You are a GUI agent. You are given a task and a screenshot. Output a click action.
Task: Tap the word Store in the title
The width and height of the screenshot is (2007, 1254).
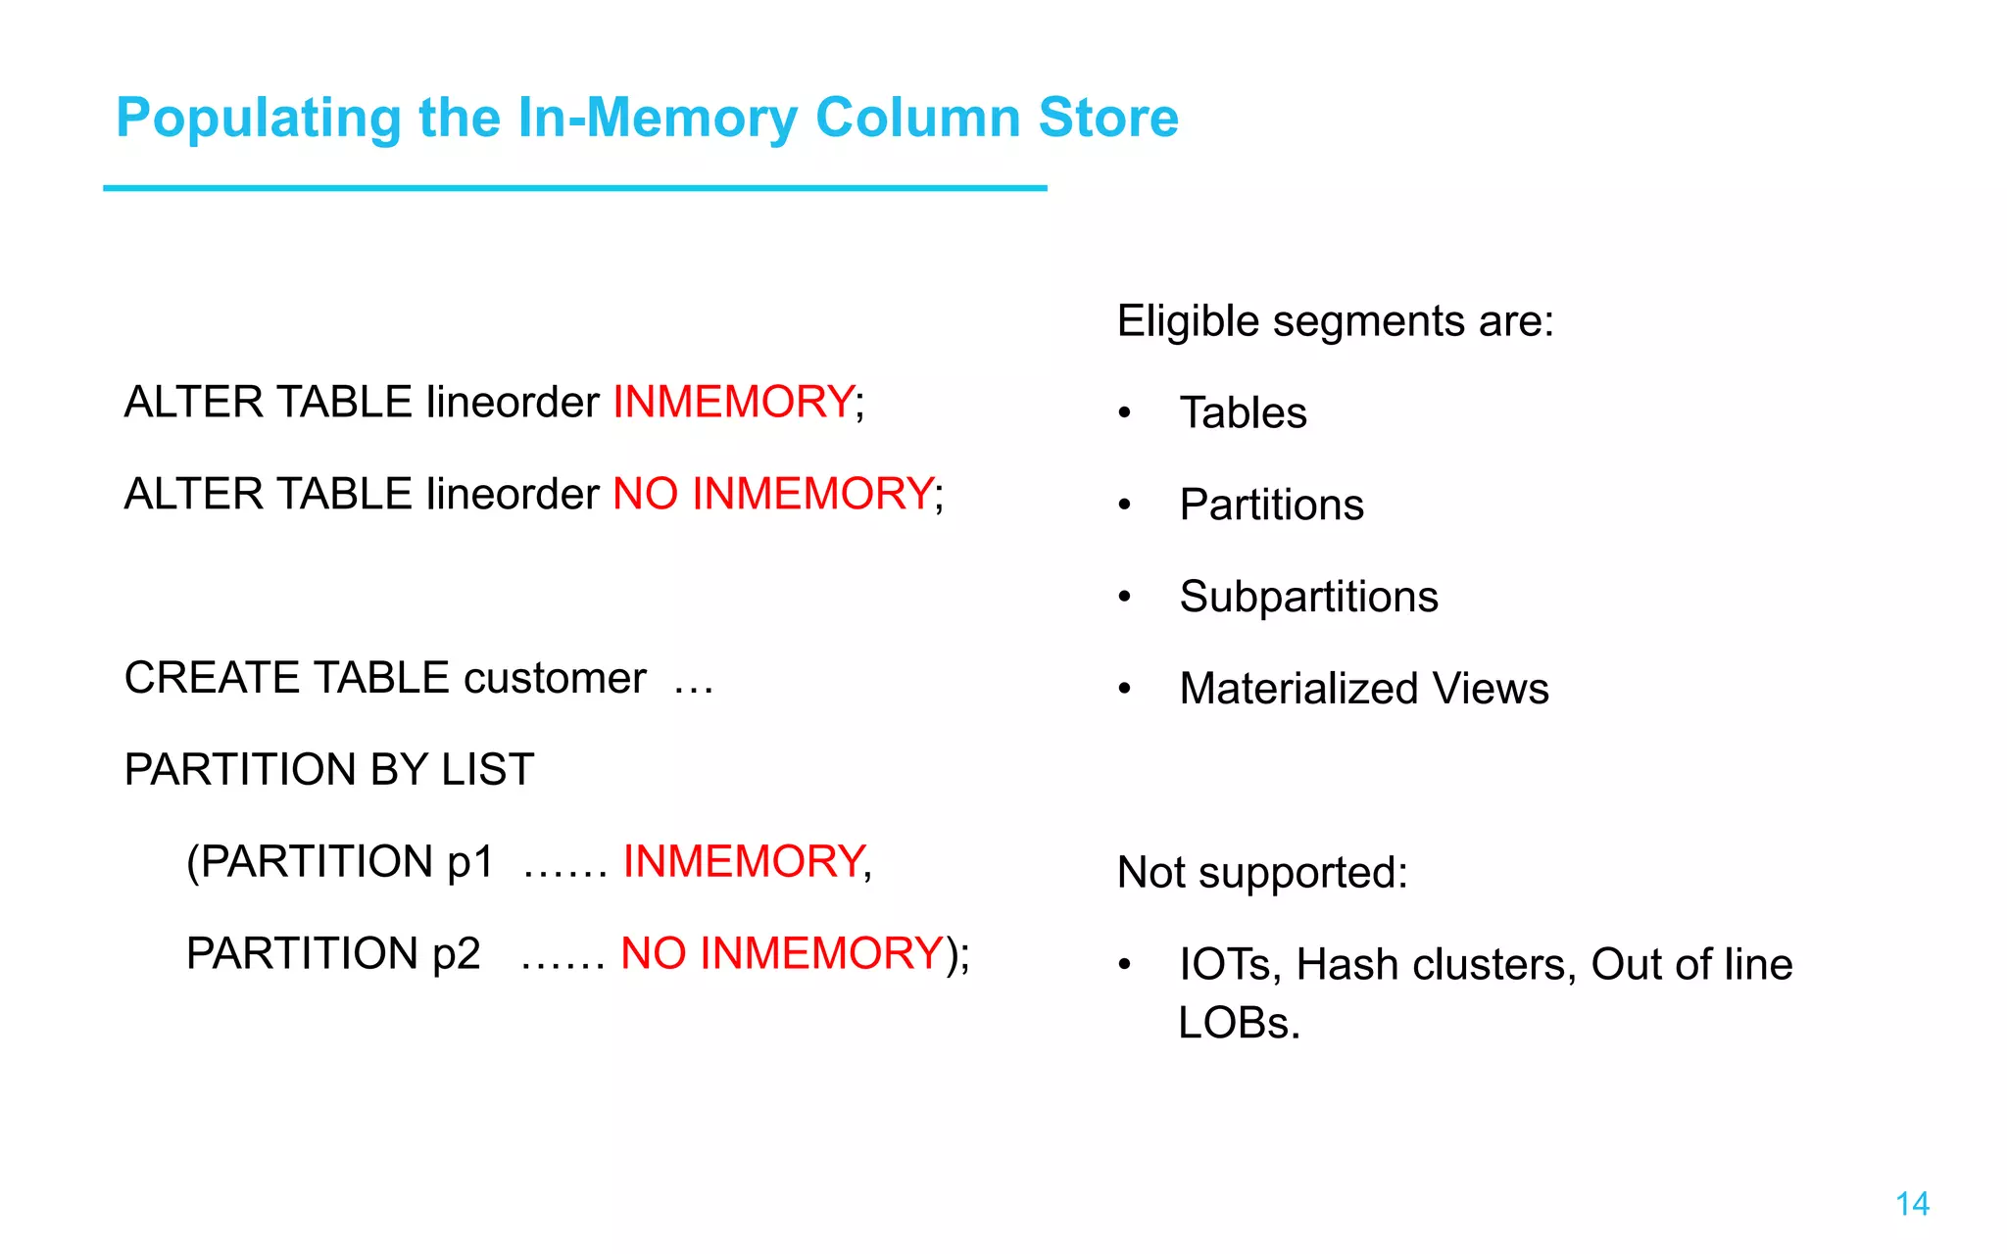1107,118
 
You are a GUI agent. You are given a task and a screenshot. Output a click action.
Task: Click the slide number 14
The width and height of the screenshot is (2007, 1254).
1912,1204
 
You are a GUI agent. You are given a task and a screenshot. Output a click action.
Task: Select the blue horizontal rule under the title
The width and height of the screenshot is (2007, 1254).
574,188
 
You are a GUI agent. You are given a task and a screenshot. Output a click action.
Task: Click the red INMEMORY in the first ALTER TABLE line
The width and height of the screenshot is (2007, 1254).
733,402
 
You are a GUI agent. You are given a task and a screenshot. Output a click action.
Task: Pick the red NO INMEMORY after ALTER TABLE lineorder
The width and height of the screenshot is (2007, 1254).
772,494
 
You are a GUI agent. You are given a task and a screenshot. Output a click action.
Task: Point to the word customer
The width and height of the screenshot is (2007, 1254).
555,678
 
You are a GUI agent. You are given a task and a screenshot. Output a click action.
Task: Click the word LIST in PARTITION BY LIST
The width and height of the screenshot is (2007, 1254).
488,770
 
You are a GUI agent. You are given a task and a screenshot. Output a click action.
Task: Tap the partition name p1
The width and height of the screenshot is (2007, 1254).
469,862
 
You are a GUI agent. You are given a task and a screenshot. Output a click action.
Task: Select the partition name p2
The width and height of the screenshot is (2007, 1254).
456,954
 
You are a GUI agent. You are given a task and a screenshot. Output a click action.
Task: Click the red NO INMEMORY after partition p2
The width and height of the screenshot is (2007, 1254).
781,954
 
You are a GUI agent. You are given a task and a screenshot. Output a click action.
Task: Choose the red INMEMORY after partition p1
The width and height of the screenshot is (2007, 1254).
743,862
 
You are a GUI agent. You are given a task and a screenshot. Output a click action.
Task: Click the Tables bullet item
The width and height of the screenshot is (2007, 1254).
1243,413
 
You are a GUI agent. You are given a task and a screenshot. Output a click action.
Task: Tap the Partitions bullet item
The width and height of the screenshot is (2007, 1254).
1271,506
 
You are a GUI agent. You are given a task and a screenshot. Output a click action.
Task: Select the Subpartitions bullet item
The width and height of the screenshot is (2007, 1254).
1308,597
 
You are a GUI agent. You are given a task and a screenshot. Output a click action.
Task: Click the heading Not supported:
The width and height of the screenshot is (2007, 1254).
1261,873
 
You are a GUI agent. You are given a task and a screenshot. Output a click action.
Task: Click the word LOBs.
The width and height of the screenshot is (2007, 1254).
1238,1024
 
